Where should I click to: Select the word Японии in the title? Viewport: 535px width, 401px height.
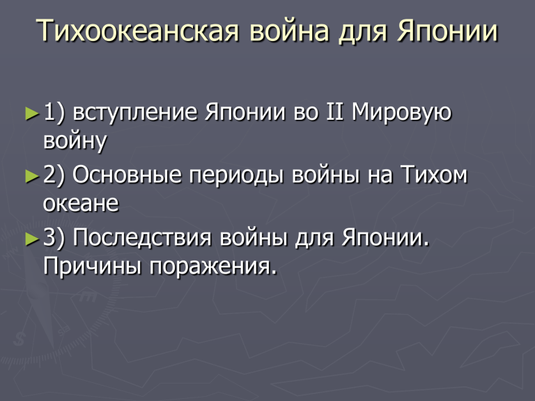tap(447, 31)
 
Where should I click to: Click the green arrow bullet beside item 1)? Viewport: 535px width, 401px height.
tap(33, 113)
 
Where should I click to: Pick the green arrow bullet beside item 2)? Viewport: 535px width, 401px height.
tap(33, 176)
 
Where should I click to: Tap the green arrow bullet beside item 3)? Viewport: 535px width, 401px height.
tap(33, 239)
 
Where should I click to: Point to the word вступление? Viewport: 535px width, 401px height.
tap(135, 113)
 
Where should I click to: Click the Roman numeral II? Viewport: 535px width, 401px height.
tap(334, 112)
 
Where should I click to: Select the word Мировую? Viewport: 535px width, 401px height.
tap(401, 113)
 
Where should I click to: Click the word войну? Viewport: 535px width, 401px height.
tap(75, 141)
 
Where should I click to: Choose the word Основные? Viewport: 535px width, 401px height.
tap(127, 175)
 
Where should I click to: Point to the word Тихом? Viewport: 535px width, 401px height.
tap(434, 175)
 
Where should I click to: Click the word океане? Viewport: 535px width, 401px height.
tap(81, 203)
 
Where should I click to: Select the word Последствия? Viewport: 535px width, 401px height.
tap(142, 238)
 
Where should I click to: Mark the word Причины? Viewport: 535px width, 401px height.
tap(92, 266)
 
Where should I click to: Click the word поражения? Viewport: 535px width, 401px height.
tap(213, 267)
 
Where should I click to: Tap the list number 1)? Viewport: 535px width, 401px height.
tap(54, 113)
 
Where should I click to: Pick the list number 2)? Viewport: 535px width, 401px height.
tap(54, 175)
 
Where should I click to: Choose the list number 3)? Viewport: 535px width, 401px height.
tap(54, 238)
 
